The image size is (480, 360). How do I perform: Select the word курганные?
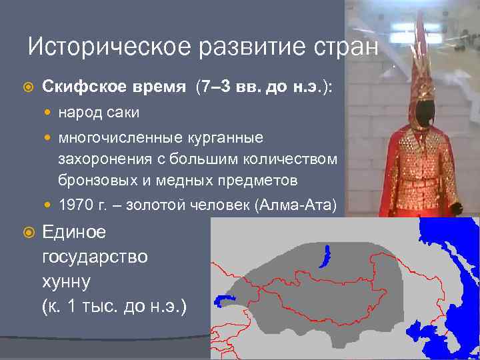click(224, 138)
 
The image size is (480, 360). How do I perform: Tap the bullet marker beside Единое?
click(27, 233)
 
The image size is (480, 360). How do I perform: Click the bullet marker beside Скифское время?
click(27, 88)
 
